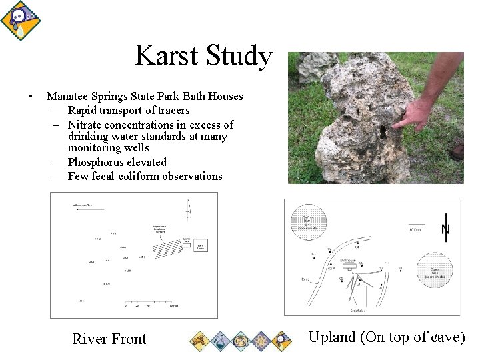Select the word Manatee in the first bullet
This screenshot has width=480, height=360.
click(x=68, y=97)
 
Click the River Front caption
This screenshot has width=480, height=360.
click(x=109, y=339)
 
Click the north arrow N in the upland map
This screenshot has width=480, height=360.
click(x=445, y=229)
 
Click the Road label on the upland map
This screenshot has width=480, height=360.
click(x=305, y=279)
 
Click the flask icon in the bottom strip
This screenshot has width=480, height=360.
click(x=219, y=341)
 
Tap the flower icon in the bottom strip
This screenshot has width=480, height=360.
click(x=261, y=341)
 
